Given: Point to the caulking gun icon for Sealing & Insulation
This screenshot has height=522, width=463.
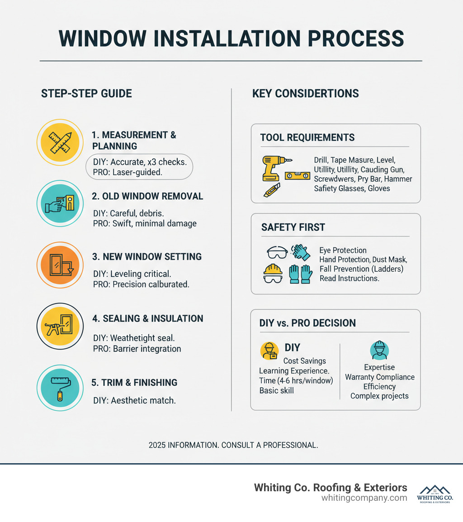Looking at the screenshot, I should pos(60,326).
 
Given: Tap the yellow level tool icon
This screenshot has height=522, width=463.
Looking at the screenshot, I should pos(298,176).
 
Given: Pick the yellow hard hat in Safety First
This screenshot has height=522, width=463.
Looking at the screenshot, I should pos(273,270).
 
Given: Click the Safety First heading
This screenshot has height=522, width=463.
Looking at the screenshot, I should pos(293,227).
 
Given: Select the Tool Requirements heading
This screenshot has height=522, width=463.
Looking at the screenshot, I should pos(307,138).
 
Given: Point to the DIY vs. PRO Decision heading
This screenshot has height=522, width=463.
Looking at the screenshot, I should pos(307,323).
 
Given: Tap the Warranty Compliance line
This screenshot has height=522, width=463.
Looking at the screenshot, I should pos(379,377).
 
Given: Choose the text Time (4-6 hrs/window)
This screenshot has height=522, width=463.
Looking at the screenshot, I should pos(296,380).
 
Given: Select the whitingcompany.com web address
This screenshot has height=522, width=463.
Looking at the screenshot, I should pos(364,498).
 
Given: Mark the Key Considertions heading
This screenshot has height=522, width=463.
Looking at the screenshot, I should pos(306,94).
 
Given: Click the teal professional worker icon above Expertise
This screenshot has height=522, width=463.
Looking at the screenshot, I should pos(379,350).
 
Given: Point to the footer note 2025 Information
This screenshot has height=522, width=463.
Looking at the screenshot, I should pos(233,445).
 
